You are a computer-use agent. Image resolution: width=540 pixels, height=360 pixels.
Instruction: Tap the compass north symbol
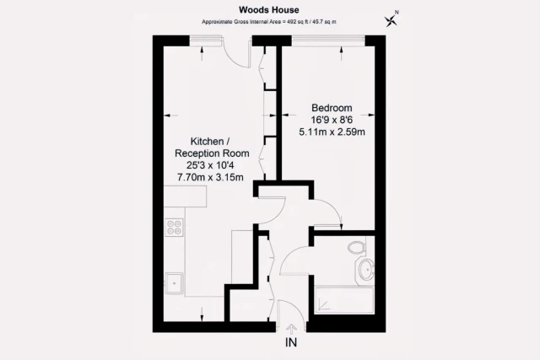(x=391, y=19)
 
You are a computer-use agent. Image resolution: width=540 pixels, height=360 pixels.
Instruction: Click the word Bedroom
(x=332, y=108)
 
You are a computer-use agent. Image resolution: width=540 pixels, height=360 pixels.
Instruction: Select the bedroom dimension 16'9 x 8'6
(x=332, y=120)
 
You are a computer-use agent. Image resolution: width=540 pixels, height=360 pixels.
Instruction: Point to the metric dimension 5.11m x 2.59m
(x=332, y=132)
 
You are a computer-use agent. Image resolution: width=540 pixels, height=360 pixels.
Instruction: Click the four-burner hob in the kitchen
(x=175, y=226)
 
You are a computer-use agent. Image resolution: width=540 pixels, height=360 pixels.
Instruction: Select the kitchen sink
(x=174, y=282)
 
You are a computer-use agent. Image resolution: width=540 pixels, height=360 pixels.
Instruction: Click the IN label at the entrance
(x=291, y=343)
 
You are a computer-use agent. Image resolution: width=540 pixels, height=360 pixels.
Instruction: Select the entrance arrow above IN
(x=291, y=329)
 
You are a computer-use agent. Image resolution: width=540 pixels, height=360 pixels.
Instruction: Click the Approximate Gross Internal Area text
(x=269, y=21)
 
